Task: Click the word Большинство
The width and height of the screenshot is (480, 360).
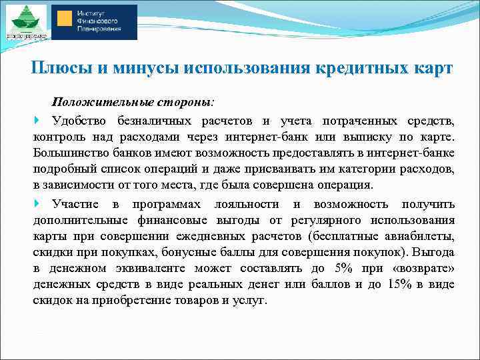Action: click(69, 153)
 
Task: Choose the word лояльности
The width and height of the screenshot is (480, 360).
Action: click(244, 204)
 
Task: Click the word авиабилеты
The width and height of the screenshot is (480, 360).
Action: click(420, 236)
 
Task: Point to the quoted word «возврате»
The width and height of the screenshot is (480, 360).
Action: click(427, 268)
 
